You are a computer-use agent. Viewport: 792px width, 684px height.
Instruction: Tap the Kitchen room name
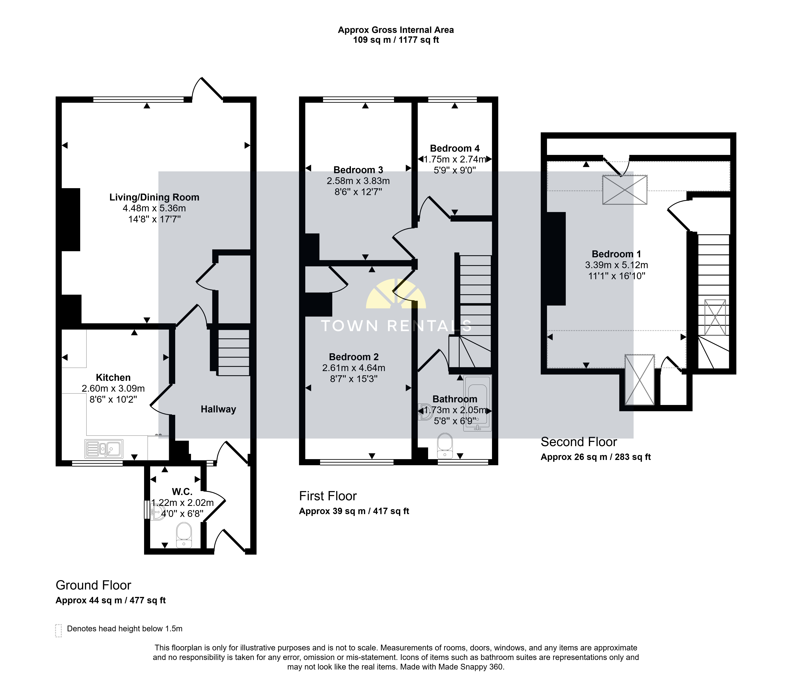coord(113,377)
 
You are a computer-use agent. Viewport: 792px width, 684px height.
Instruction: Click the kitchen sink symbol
coord(104,449)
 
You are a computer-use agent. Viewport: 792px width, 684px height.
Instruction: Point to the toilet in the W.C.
coord(184,535)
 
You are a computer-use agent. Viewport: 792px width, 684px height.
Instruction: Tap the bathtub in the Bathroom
coord(477,403)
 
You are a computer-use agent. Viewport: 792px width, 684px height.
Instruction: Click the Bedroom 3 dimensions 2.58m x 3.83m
coord(358,181)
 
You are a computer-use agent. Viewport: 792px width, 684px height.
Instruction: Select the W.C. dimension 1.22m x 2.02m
coord(182,503)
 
